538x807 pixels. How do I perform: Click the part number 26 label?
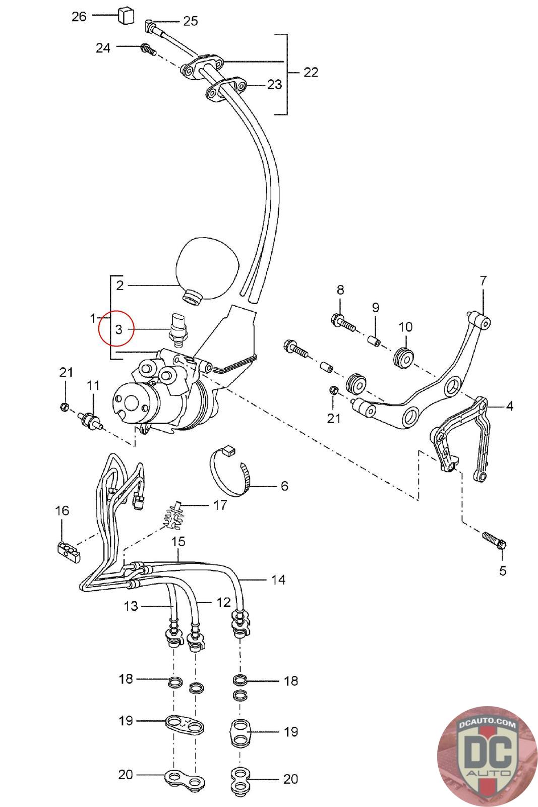(79, 17)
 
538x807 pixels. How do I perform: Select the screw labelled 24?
(148, 49)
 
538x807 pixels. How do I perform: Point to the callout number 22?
(311, 73)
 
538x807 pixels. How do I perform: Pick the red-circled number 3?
(119, 329)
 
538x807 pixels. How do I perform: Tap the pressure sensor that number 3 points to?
(178, 328)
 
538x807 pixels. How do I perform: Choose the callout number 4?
(509, 406)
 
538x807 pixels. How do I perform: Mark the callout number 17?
(220, 505)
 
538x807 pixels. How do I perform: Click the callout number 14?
(278, 580)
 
